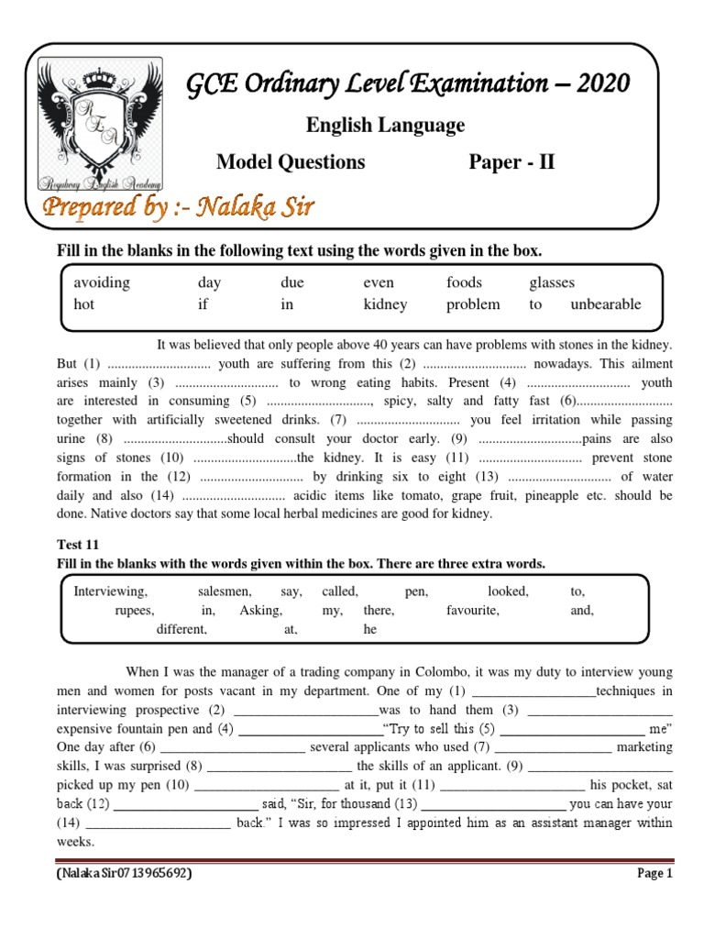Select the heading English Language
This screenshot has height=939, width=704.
coord(384,125)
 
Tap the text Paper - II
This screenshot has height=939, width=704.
coord(511,162)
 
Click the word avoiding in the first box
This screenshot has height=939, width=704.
coord(102,282)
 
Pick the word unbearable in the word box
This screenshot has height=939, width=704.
coord(606,304)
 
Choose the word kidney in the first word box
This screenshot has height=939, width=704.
coord(385,304)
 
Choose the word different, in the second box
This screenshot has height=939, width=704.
coord(181,630)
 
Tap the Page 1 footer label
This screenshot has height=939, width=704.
coord(655,874)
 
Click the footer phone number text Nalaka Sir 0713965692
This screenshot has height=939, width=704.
coord(125,874)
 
